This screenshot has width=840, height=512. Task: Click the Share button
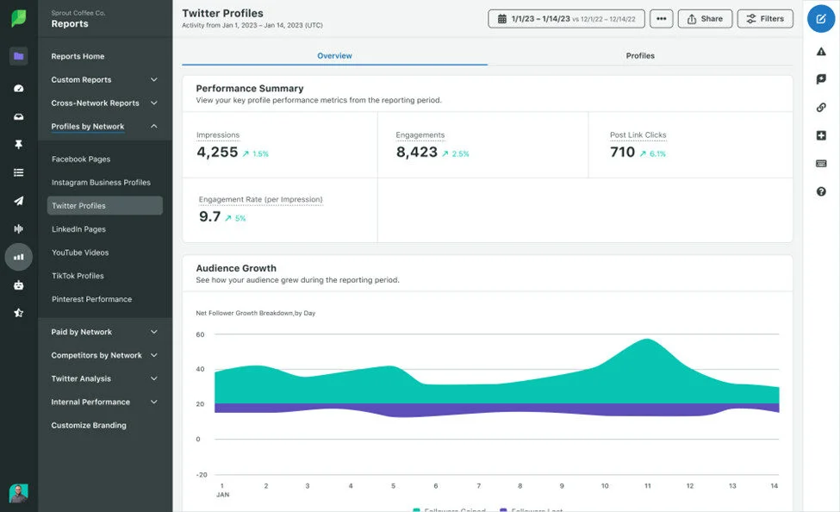[x=705, y=18]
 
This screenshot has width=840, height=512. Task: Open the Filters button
[x=765, y=18]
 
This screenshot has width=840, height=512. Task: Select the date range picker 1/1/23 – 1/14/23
[x=571, y=18]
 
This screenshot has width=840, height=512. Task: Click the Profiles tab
[x=639, y=56]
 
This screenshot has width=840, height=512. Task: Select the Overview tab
[x=334, y=56]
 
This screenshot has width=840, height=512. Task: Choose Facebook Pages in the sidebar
[x=81, y=159]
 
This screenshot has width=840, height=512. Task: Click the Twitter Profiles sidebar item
[x=78, y=206]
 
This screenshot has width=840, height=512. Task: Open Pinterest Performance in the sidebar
[x=91, y=299]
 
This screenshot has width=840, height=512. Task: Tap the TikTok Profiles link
[x=78, y=276]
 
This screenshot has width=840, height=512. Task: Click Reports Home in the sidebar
[x=78, y=57]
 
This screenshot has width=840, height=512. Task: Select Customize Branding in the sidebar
[x=89, y=426]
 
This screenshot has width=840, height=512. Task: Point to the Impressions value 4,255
[x=217, y=153]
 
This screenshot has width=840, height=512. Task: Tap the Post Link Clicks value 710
[x=622, y=153]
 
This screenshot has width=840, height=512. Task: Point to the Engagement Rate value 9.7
[x=210, y=217]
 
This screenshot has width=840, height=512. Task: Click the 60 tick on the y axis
[x=200, y=334]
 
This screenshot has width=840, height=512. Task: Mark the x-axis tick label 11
[x=647, y=486]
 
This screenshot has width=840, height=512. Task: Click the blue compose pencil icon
[x=821, y=18]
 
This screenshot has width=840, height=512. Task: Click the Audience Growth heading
[x=236, y=268]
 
